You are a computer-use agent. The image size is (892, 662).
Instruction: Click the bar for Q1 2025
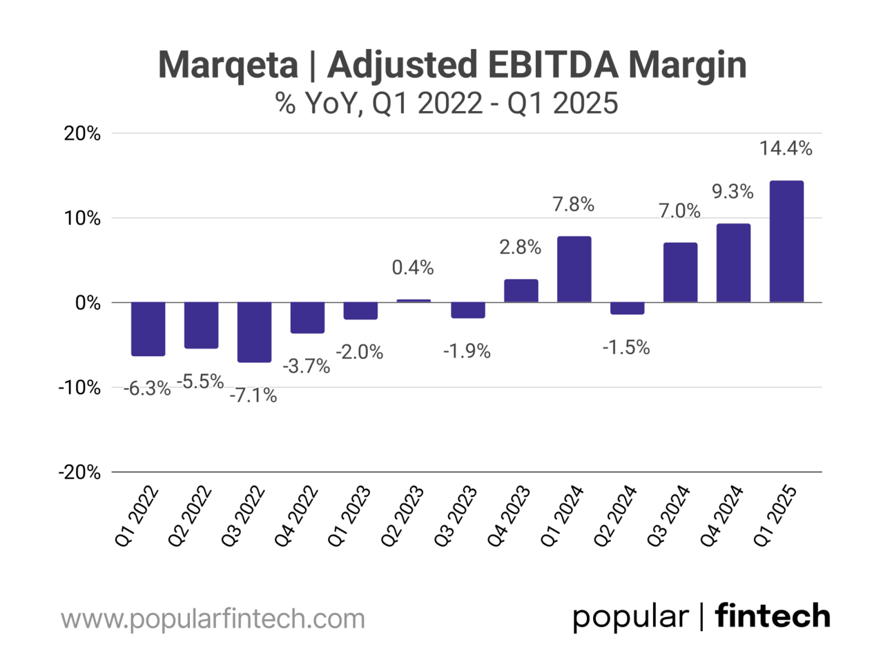[x=786, y=242]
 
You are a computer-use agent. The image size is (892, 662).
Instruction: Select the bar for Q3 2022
[x=254, y=332]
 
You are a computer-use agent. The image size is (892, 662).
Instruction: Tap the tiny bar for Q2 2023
[x=414, y=301]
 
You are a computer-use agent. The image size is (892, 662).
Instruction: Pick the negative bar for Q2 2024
[x=627, y=309]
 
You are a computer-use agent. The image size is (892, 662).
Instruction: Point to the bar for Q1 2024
[x=574, y=269]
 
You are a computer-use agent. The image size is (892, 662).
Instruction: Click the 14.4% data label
[x=786, y=148]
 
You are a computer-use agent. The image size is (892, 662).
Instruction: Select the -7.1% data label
[x=253, y=396]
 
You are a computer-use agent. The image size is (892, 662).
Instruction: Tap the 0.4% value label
[x=413, y=268]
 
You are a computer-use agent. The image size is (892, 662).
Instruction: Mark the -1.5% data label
[x=626, y=347]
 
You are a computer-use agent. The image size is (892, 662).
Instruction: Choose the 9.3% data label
[x=733, y=191]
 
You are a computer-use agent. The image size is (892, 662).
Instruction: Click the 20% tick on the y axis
[x=82, y=134]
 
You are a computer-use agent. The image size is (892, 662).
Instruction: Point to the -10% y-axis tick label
[x=79, y=388]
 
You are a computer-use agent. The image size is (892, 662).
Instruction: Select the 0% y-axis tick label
[x=88, y=303]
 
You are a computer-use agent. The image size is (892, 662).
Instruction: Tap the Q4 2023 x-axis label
[x=508, y=516]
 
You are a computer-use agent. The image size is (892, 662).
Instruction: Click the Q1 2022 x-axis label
[x=136, y=516]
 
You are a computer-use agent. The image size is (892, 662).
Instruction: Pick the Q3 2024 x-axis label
[x=668, y=516]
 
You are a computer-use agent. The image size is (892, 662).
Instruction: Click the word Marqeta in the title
[x=228, y=65]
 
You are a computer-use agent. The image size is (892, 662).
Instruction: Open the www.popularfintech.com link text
[x=213, y=619]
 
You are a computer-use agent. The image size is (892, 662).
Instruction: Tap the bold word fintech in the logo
[x=772, y=616]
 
